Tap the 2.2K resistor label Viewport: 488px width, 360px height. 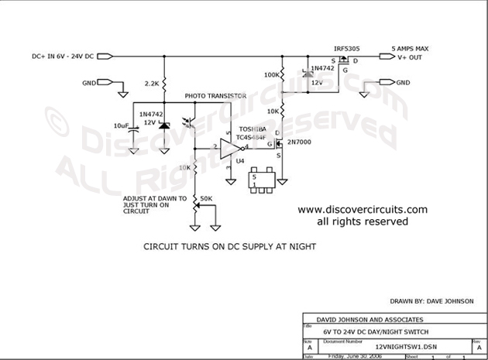coord(152,81)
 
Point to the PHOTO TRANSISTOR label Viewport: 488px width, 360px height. coord(215,96)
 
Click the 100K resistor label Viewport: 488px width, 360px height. coord(272,76)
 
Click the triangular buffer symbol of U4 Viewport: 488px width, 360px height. coord(231,146)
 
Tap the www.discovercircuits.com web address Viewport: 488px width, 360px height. coord(363,209)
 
